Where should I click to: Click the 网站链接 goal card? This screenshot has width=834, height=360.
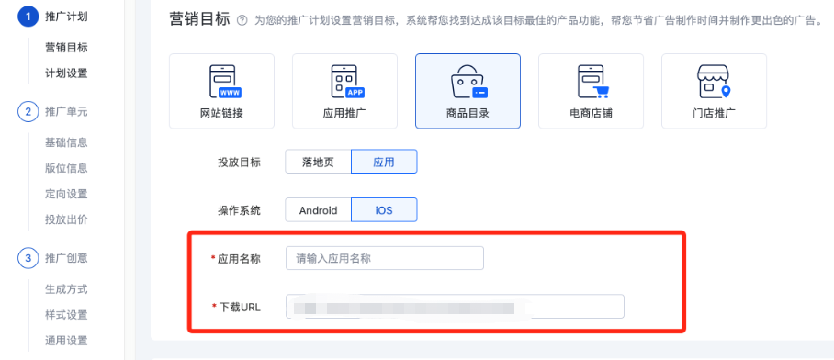221,91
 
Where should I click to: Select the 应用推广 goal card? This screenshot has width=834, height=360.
344,91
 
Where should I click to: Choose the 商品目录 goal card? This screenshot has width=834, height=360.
468,91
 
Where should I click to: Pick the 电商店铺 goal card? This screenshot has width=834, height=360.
591,91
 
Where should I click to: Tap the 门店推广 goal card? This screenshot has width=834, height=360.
714,91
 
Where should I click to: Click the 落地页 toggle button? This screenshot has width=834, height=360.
318,162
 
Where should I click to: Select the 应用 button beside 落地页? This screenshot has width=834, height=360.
384,162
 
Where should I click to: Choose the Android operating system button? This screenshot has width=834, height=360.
318,210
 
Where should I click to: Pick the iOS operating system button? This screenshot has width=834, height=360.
384,210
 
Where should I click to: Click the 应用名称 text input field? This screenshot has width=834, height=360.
384,259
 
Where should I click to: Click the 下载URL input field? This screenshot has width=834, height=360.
455,307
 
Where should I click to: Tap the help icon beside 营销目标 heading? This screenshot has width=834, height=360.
242,20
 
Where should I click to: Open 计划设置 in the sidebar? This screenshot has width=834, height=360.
66,73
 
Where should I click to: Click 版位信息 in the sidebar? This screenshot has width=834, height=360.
66,168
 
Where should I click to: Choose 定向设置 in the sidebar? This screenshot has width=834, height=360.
66,194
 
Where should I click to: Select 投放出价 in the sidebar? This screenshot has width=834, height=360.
66,219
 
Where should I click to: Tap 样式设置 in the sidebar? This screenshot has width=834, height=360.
66,315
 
